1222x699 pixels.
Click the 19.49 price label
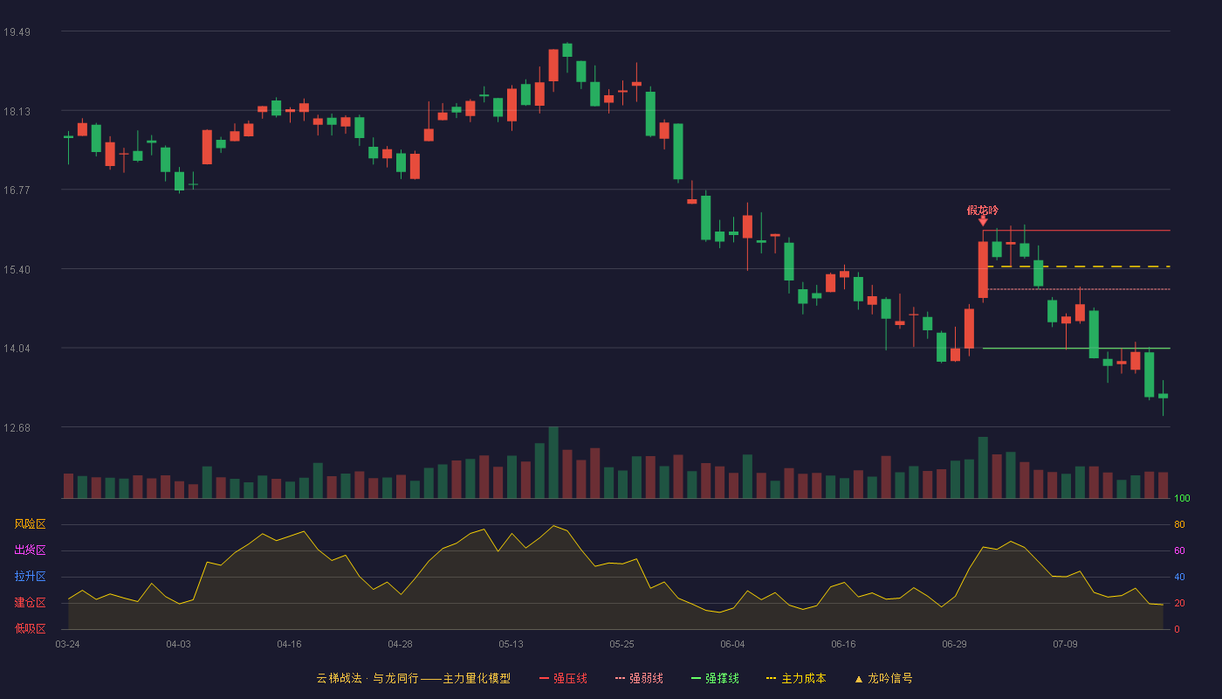point(17,32)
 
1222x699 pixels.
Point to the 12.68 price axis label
point(17,427)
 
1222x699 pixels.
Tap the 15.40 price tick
point(17,270)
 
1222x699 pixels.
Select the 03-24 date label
point(68,645)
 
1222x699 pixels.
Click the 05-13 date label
point(511,645)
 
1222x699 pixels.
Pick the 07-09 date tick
point(1065,645)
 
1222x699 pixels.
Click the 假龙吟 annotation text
point(983,211)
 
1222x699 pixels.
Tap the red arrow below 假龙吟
point(983,221)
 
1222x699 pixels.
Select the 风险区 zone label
point(30,524)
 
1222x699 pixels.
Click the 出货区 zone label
point(30,550)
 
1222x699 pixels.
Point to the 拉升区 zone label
point(30,576)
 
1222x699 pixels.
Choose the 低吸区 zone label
point(30,628)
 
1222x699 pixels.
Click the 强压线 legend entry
point(563,678)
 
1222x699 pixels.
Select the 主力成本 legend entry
point(796,678)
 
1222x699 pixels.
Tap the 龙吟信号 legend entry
point(883,678)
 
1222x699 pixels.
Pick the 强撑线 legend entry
point(715,678)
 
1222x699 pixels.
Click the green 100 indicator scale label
point(1182,498)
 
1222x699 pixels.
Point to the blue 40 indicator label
point(1179,577)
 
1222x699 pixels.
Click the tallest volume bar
point(553,462)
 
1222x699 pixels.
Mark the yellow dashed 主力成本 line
point(1079,266)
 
